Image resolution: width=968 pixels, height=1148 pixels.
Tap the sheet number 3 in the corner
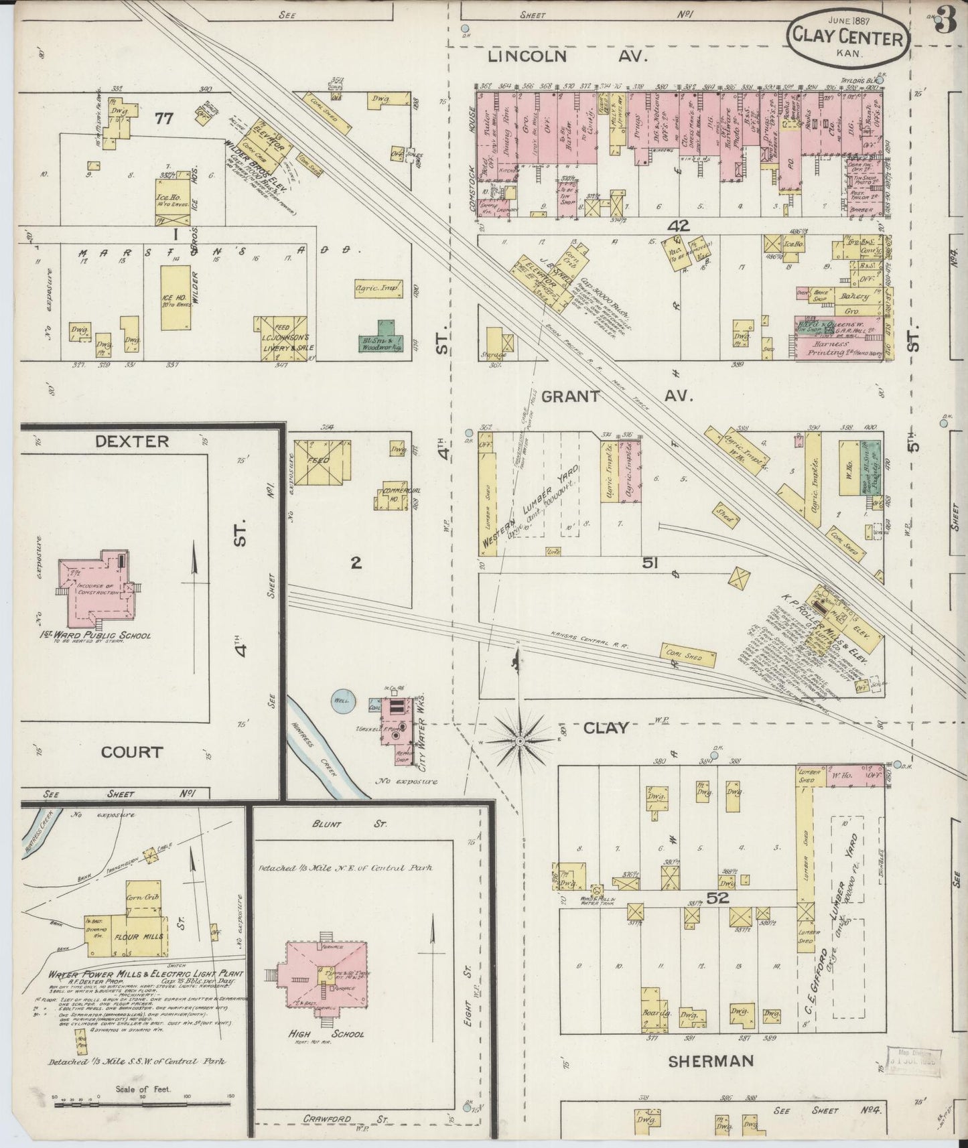point(946,23)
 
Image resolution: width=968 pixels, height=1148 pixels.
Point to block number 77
point(163,119)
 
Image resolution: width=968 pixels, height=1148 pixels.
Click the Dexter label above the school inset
point(132,441)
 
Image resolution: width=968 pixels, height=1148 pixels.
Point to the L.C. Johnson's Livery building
point(280,339)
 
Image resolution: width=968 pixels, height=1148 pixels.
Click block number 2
point(356,563)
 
